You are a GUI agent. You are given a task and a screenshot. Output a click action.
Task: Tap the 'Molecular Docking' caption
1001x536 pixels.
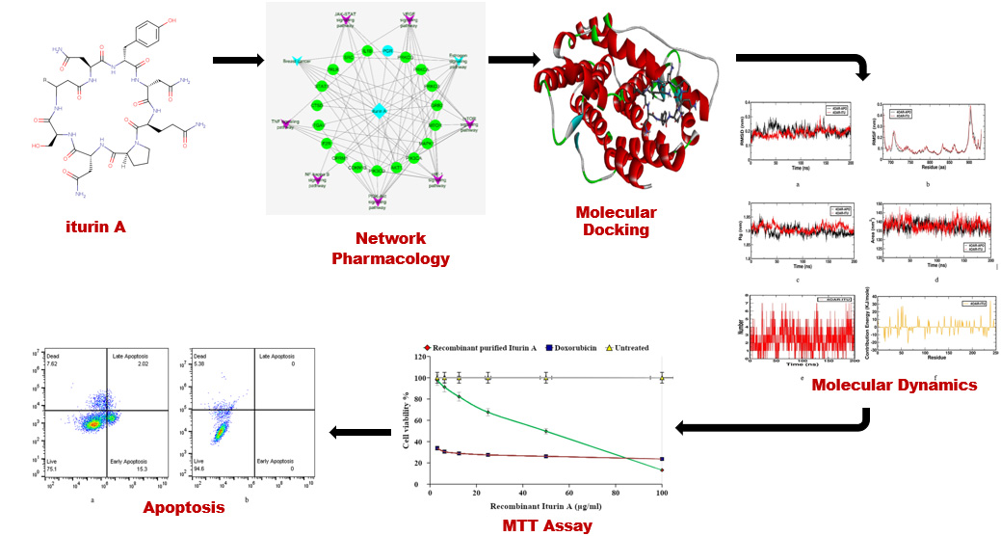616,221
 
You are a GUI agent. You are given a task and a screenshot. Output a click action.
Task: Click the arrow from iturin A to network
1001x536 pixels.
237,61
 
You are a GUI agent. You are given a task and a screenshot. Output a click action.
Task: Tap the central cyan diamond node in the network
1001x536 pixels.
380,110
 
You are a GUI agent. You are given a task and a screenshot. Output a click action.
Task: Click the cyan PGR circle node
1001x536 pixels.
386,49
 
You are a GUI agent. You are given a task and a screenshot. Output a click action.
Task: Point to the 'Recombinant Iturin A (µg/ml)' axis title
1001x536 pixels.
546,505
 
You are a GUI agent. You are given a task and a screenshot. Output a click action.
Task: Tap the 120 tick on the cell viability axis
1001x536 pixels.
421,357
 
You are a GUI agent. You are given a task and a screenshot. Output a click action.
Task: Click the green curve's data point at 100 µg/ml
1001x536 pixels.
662,469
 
